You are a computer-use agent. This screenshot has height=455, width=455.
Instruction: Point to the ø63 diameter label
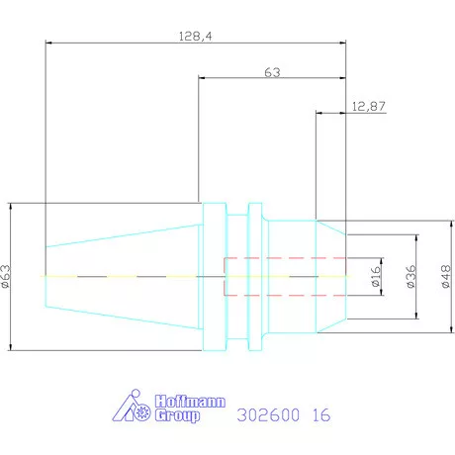point(7,275)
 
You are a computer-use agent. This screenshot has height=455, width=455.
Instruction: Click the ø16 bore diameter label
point(375,276)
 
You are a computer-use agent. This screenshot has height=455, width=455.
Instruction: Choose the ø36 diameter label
point(409,276)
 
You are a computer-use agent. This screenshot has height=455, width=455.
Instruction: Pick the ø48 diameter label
point(444,275)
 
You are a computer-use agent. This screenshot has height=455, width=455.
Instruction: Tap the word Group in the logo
point(178,417)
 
